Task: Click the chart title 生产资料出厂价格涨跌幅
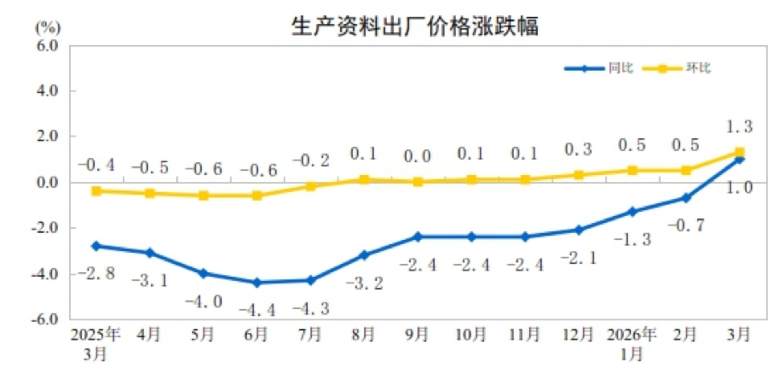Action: pyautogui.click(x=415, y=26)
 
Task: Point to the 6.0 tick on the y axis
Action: pyautogui.click(x=47, y=45)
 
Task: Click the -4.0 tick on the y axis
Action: pyautogui.click(x=45, y=274)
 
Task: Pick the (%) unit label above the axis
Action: pyautogui.click(x=48, y=28)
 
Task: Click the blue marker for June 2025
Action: pyautogui.click(x=257, y=283)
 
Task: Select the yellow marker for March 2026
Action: pyautogui.click(x=739, y=153)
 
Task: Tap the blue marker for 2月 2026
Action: pyautogui.click(x=686, y=198)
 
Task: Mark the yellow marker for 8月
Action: pyautogui.click(x=364, y=179)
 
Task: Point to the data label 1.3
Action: pyautogui.click(x=739, y=127)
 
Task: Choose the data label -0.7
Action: pyautogui.click(x=686, y=225)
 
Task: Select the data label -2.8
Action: pyautogui.click(x=97, y=273)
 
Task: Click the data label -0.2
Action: pyautogui.click(x=311, y=161)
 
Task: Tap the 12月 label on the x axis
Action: pyautogui.click(x=578, y=335)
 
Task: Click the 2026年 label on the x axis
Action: pyautogui.click(x=631, y=335)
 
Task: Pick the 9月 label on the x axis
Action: pyautogui.click(x=417, y=335)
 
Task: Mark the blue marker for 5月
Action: pyautogui.click(x=203, y=274)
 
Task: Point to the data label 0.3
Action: pyautogui.click(x=578, y=149)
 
